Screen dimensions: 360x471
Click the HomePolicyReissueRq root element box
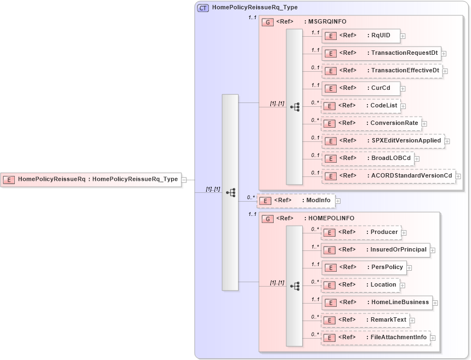91,179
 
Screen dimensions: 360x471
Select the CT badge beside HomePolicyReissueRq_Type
203,8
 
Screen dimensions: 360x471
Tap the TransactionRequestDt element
381,53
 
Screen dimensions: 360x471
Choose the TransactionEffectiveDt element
382,71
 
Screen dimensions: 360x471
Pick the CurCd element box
361,88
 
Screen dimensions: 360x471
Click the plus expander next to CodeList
403,106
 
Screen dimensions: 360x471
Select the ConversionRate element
371,123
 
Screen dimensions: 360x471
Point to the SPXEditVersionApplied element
383,141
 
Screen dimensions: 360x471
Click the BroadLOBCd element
367,158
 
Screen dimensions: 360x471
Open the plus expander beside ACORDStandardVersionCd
458,176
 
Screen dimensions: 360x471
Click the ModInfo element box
296,201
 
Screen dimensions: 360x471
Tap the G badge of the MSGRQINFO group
268,22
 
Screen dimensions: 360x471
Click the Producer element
361,232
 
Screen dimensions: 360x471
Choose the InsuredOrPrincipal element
375,250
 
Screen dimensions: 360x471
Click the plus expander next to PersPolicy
409,268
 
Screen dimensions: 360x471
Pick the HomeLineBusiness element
377,302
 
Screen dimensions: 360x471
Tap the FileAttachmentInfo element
376,338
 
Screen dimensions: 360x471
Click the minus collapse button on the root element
184,179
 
